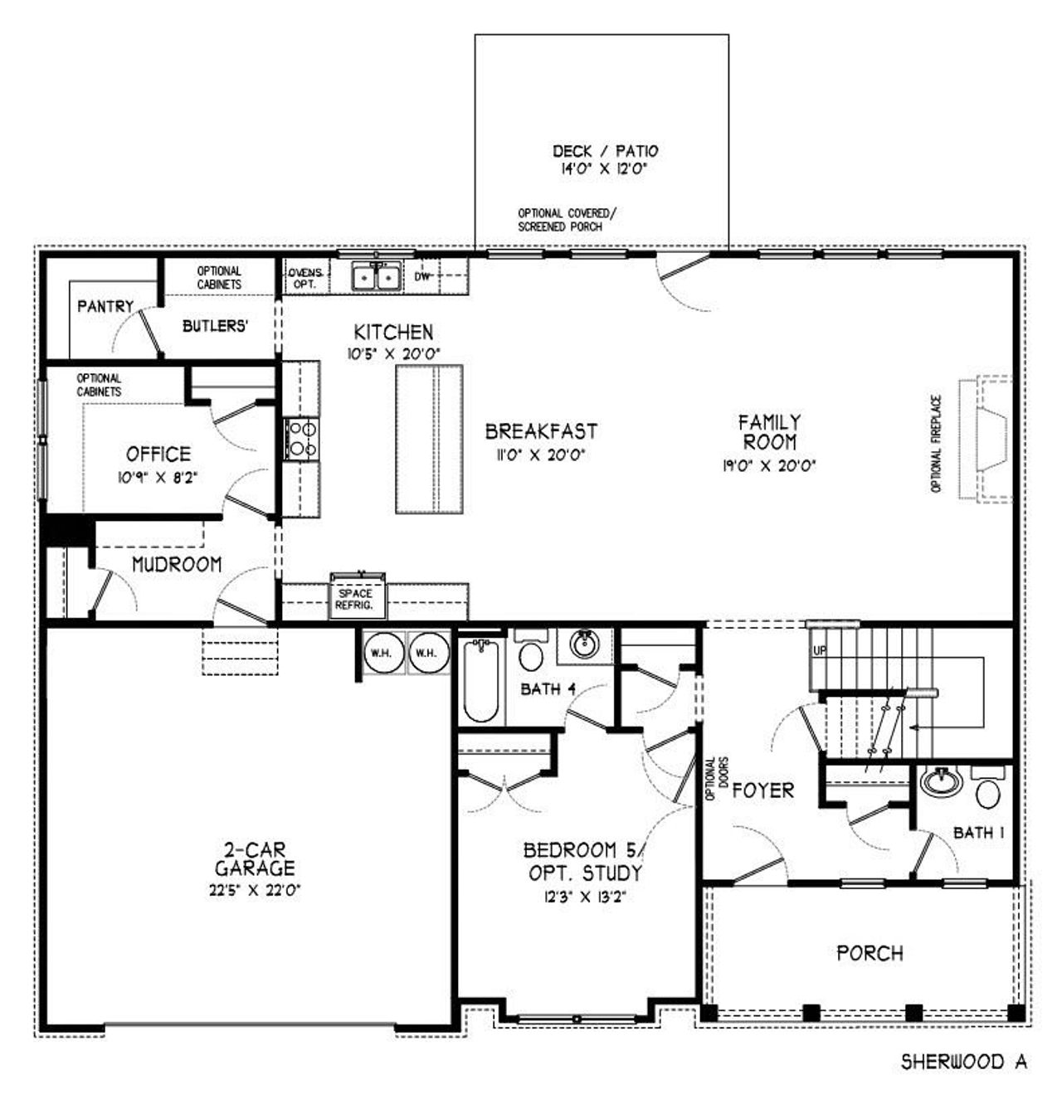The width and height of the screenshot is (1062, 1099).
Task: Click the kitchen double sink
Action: point(376,277)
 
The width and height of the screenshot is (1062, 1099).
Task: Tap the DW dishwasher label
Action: point(422,277)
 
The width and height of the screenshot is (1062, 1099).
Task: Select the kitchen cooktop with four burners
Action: point(301,440)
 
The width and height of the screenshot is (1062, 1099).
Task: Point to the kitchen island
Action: point(429,440)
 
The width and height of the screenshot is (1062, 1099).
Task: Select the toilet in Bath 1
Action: point(987,787)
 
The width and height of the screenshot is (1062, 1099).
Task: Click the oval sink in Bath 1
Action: point(942,781)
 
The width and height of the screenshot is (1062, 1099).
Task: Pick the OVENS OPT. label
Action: point(305,279)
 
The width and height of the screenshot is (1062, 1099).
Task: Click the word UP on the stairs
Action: point(820,650)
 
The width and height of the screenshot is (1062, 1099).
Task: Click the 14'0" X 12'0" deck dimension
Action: point(603,169)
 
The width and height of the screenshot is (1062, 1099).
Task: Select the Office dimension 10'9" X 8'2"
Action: point(158,478)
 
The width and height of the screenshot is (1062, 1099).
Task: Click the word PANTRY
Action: point(105,307)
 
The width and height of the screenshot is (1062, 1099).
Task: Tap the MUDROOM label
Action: point(177,564)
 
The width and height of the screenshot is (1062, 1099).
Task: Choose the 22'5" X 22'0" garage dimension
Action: point(254,891)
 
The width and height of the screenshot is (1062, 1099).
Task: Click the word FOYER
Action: point(763,790)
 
